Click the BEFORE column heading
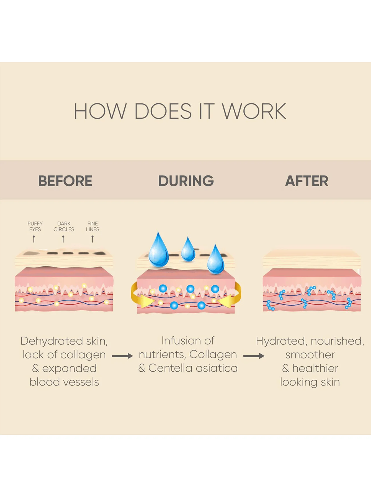click(65, 181)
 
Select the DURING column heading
click(186, 181)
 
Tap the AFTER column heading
click(306, 181)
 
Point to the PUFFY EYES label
click(35, 226)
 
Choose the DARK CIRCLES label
click(64, 226)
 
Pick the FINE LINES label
click(92, 226)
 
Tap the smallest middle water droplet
click(188, 250)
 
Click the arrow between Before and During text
click(122, 356)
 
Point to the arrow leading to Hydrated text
click(254, 356)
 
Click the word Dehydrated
click(52, 341)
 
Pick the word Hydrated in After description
click(280, 341)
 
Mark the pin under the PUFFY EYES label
click(34, 238)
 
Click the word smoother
click(310, 355)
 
